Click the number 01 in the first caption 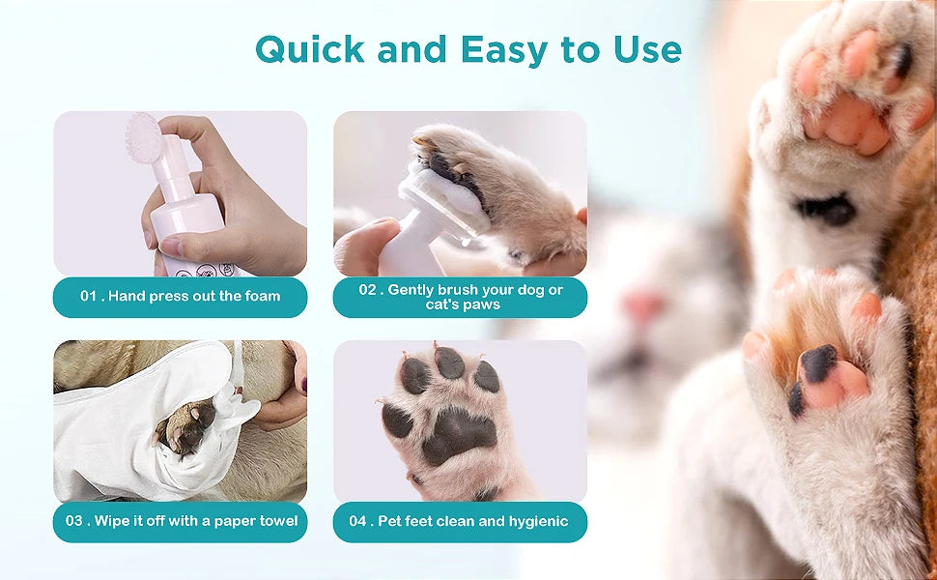[89, 297]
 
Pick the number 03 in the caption [74, 521]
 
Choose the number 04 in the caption [358, 521]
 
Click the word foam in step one [261, 297]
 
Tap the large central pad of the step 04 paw [457, 435]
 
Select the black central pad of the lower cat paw [817, 364]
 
